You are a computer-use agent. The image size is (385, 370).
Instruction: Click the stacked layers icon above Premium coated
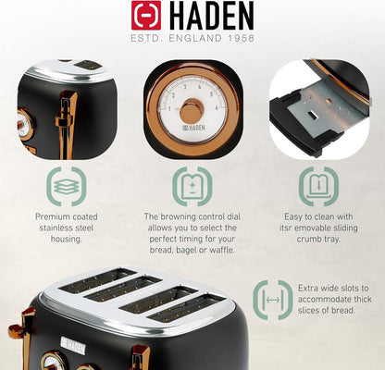(x=66, y=185)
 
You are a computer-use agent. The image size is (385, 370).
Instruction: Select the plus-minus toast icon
(x=192, y=185)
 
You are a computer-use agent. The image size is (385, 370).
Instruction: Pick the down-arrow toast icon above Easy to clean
(x=317, y=185)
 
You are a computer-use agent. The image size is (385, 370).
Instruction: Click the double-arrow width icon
(x=272, y=300)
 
